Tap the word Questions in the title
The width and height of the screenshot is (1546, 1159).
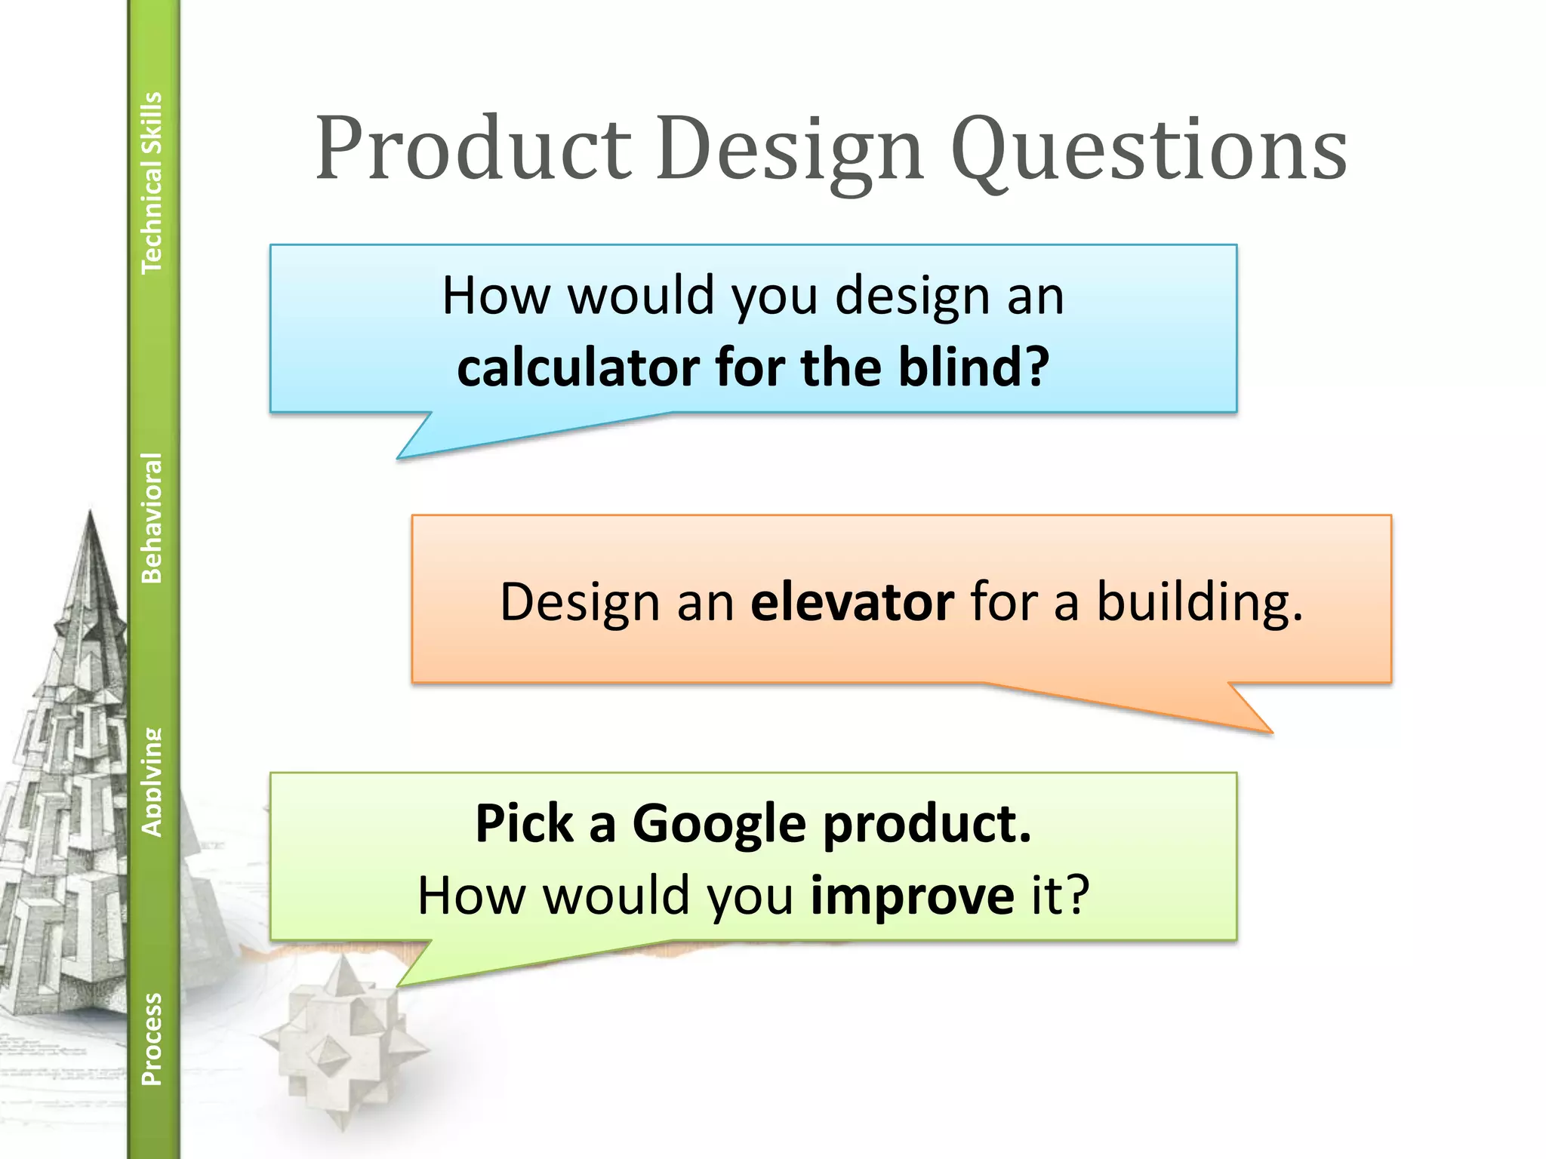click(x=1149, y=151)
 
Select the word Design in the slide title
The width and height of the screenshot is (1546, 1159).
click(x=790, y=151)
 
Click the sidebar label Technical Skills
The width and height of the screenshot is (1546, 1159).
click(x=152, y=182)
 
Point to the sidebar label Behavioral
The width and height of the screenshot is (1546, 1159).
click(x=152, y=518)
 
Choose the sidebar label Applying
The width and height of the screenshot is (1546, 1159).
click(x=152, y=782)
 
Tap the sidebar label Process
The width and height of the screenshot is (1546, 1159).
click(x=152, y=1038)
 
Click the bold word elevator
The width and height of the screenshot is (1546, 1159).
click(x=852, y=602)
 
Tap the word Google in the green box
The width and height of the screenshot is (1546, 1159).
click(x=719, y=824)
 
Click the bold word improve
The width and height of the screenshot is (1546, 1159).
click(x=912, y=896)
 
